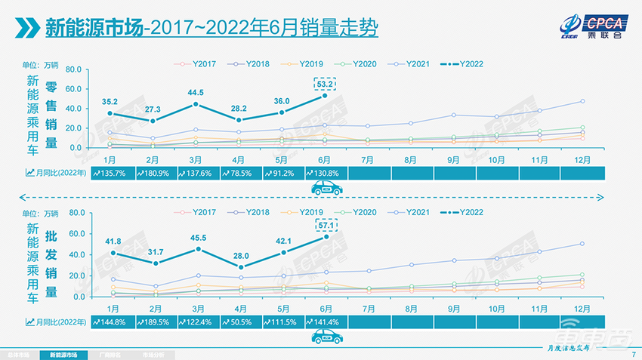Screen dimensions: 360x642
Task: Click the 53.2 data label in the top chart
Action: pos(325,83)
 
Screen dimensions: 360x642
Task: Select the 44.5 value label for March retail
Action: pos(196,92)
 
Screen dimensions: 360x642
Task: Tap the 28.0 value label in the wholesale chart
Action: pos(240,256)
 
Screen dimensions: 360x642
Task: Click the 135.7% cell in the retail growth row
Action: pos(112,173)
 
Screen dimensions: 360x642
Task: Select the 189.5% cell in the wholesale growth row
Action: pos(155,322)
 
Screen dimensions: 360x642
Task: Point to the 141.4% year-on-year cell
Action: pos(325,322)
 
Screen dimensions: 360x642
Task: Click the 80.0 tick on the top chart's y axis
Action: pos(73,69)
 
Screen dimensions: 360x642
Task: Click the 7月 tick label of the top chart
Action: pos(368,159)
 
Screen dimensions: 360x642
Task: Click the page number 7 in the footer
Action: pos(633,354)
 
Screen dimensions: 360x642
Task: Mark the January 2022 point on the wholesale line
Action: pos(112,253)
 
